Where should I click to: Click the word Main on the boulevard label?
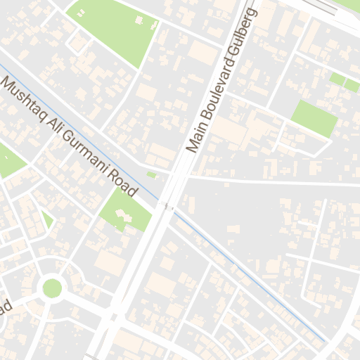[195, 139]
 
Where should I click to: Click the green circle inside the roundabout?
[52, 288]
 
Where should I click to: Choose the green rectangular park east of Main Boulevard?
[314, 117]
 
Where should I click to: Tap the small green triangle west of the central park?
[47, 220]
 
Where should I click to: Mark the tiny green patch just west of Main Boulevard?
[150, 174]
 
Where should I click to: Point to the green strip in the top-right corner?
[345, 83]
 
